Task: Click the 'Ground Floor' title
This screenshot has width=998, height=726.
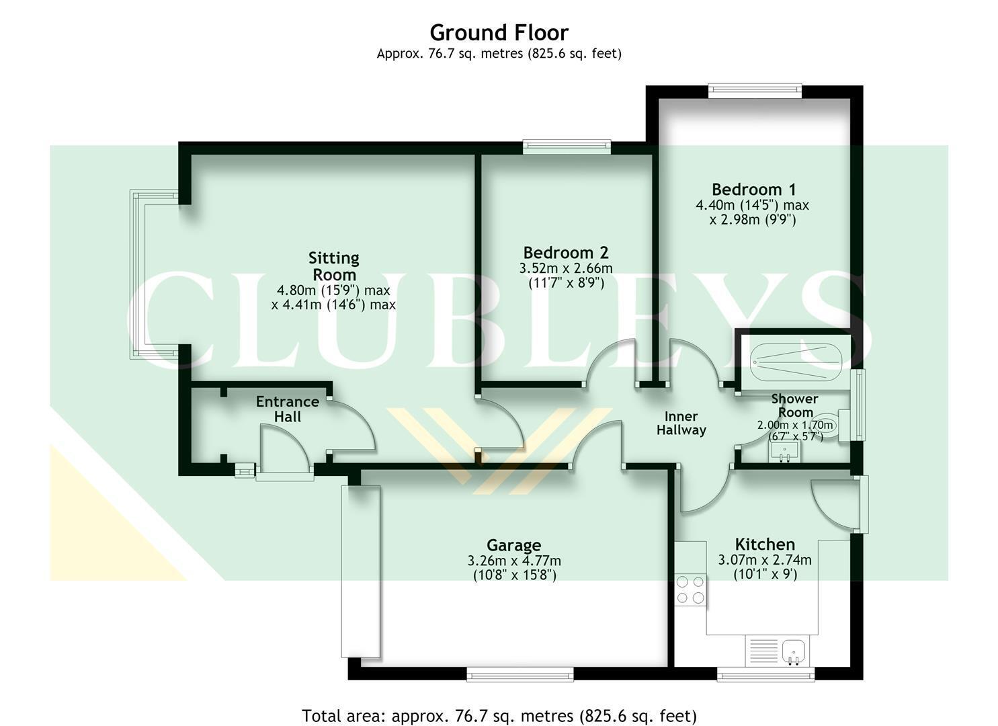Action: coord(499,32)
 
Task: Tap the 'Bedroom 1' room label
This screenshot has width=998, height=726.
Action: coord(753,190)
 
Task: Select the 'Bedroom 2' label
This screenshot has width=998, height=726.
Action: coord(565,253)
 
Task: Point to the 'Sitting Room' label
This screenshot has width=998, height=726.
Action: coord(334,266)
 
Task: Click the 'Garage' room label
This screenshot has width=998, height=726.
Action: coord(513,545)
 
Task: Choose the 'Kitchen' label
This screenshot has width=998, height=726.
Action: coord(765,544)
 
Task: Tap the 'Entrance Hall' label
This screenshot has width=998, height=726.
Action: coord(288,409)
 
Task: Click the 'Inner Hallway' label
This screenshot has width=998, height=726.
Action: coord(681,423)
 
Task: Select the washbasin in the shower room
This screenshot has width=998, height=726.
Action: coord(784,452)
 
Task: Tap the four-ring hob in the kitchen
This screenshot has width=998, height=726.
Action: coord(690,590)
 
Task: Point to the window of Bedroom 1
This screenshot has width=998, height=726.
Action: coord(755,91)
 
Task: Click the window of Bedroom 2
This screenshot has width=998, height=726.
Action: coord(567,147)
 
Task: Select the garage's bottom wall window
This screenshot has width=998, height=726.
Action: coord(520,674)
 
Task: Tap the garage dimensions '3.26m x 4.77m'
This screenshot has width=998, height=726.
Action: coord(514,561)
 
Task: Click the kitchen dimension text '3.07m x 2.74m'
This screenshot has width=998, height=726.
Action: coord(765,560)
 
